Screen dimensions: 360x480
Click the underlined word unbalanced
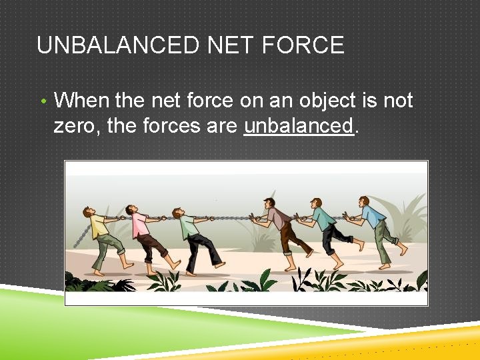click(298, 125)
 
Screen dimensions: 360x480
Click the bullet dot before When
click(43, 102)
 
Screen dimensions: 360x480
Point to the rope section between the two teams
click(230, 217)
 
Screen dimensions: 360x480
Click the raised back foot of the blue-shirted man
click(402, 249)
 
